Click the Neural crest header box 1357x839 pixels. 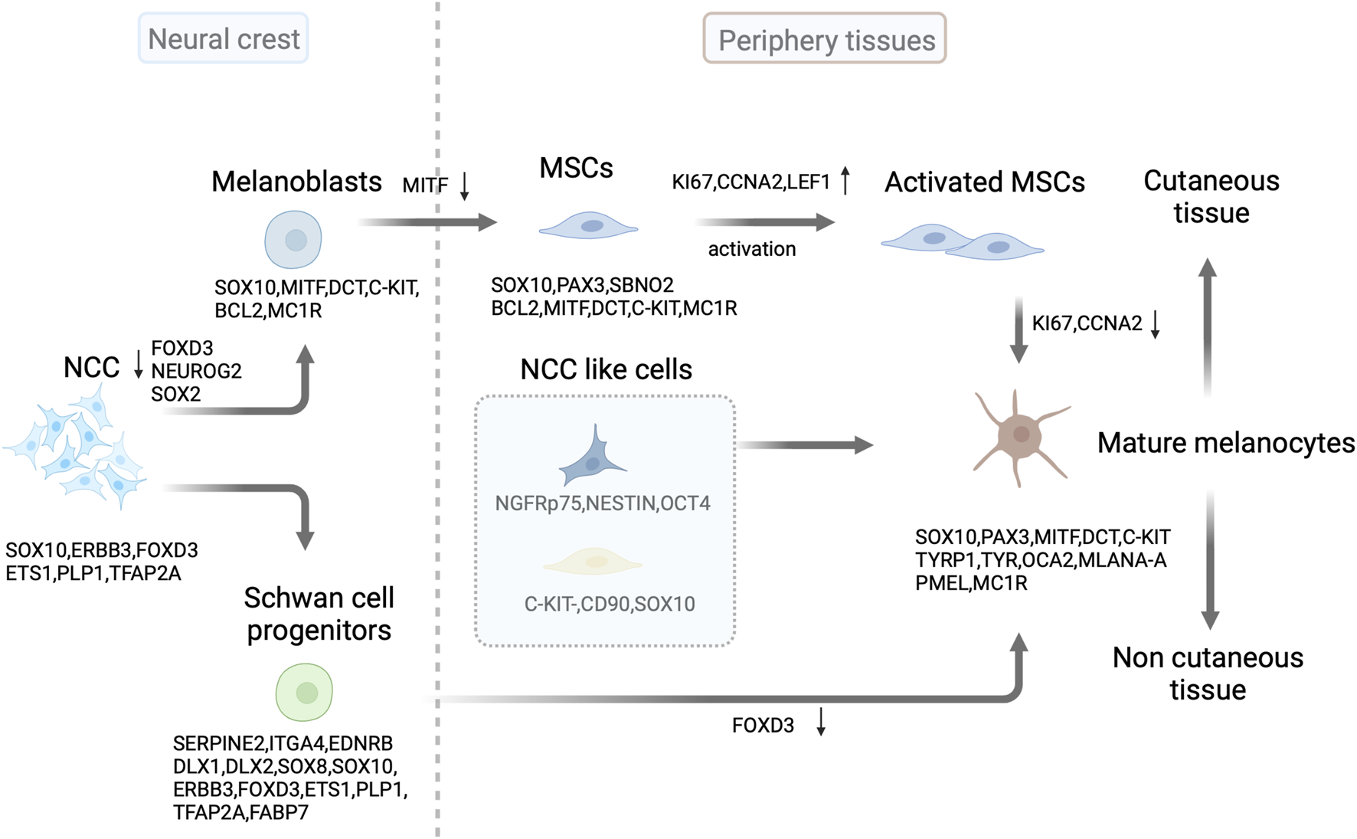pos(223,38)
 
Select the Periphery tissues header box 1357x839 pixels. pos(825,39)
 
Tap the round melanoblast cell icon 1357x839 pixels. pos(293,240)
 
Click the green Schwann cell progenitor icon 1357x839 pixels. pos(304,692)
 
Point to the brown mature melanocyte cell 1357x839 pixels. pos(1020,436)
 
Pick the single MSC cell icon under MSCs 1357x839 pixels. pos(588,226)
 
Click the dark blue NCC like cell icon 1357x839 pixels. pos(592,458)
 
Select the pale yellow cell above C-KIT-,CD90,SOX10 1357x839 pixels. pos(593,562)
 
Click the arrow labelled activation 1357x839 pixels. pos(764,222)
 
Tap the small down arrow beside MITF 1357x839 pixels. pos(464,186)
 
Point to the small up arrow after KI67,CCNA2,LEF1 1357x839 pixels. pos(845,181)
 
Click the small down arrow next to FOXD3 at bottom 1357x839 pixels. pos(821,723)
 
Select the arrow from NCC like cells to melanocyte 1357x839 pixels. pos(804,444)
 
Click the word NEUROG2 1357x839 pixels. pos(196,371)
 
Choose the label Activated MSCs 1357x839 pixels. pos(984,182)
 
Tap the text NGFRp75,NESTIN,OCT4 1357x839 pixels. pos(603,503)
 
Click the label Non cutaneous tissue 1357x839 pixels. pos(1207,673)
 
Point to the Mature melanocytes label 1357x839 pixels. pos(1225,443)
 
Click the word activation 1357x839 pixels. pos(751,249)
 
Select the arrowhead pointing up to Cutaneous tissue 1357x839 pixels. pos(1208,268)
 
